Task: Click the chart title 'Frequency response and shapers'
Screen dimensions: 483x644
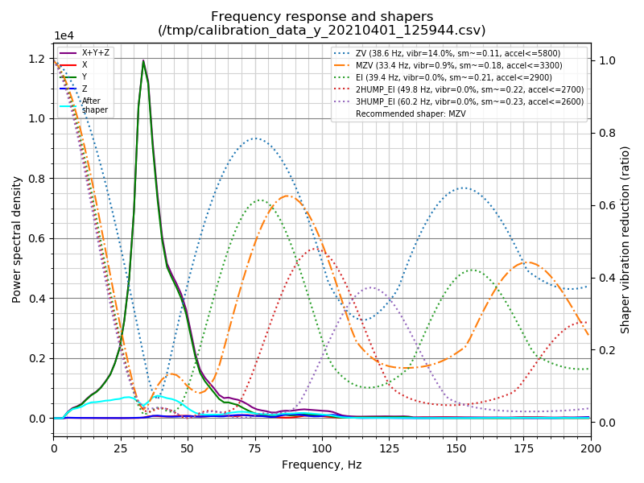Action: (322, 17)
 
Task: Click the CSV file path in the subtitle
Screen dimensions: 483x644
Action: (322, 31)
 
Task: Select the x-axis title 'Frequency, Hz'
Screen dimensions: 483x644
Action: (322, 464)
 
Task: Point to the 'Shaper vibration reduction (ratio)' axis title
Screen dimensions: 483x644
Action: (625, 239)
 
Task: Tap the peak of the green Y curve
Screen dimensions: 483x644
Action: (143, 61)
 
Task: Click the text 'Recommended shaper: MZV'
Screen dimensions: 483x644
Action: (411, 114)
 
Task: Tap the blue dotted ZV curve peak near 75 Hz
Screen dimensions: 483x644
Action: (255, 138)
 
